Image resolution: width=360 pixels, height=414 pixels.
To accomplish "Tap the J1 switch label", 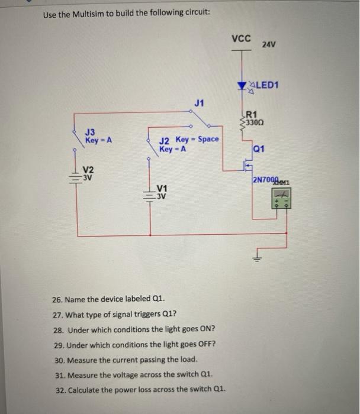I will pyautogui.click(x=199, y=103).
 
